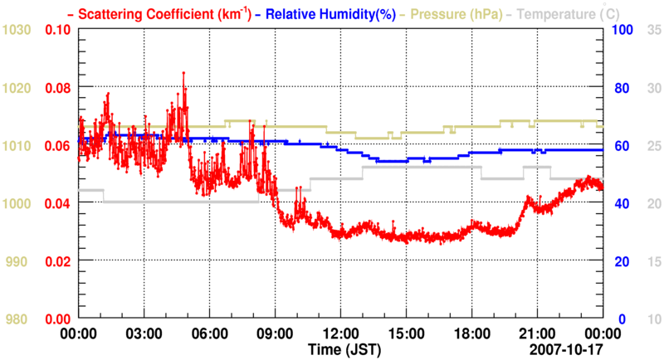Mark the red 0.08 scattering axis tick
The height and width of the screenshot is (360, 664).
coord(58,88)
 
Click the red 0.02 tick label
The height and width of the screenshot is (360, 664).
coord(58,261)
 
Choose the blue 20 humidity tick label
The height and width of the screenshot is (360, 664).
coord(619,261)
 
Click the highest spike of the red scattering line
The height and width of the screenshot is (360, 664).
coord(183,73)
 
